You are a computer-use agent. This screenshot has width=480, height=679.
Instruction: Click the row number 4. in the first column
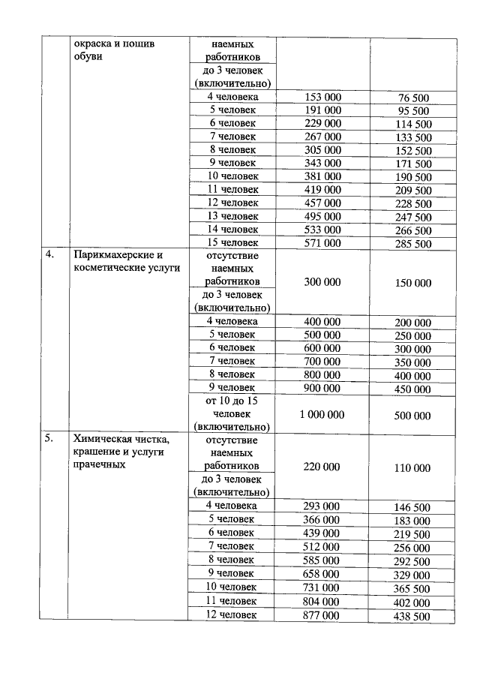[49, 255]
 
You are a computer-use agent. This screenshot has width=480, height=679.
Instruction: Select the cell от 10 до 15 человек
[232, 414]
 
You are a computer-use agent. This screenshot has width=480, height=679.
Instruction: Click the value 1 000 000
[322, 414]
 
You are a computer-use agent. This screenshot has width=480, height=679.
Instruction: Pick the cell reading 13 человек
[232, 216]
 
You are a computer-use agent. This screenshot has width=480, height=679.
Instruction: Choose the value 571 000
[322, 243]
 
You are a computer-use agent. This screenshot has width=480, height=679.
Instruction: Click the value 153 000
[322, 98]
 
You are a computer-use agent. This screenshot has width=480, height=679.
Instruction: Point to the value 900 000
[322, 387]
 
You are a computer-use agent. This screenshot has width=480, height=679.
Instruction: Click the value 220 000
[322, 467]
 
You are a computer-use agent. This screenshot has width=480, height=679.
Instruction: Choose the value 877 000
[322, 615]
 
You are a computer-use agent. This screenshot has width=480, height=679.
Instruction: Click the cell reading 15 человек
[232, 243]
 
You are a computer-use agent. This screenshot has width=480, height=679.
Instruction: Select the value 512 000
[322, 546]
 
